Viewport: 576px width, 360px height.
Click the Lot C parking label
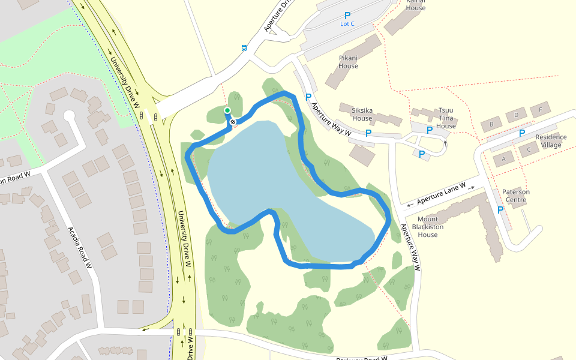pos(347,24)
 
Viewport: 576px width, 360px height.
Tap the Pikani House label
pos(348,62)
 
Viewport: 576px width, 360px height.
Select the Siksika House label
pos(362,114)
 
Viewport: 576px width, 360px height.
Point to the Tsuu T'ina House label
pos(446,118)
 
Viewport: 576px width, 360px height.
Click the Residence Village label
pos(551,141)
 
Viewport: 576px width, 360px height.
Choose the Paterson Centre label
pos(516,196)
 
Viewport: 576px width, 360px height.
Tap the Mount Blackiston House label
pos(428,227)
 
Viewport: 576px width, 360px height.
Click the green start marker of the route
pos(227,110)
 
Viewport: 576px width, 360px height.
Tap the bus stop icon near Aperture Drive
pos(244,48)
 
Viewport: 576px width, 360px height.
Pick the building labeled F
pos(541,110)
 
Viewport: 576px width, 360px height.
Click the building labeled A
pos(504,159)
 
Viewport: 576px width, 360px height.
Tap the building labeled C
pos(529,149)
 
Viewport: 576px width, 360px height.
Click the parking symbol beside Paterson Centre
pos(500,209)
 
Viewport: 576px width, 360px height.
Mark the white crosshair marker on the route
pos(233,122)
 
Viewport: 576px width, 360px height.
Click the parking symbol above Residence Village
pos(522,133)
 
